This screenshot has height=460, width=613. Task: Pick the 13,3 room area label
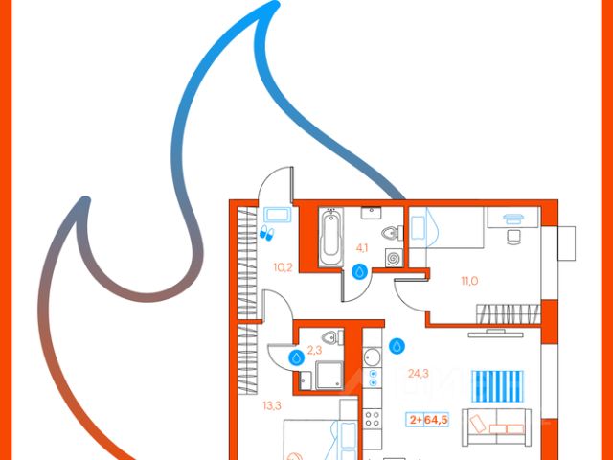271,404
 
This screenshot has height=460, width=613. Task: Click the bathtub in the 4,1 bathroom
330,237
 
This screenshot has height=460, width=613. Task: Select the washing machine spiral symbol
394,257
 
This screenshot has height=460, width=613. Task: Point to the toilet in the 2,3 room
332,336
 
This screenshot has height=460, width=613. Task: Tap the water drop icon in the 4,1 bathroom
360,271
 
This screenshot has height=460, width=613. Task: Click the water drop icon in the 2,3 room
298,356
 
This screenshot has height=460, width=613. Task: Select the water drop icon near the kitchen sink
397,345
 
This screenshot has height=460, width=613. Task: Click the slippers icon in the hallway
267,233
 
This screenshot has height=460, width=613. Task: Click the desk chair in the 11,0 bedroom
513,235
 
